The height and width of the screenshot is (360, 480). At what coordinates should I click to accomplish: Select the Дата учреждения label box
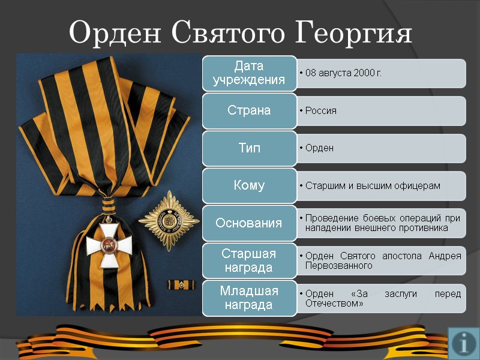click(250, 73)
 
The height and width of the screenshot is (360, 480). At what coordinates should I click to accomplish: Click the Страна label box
click(250, 110)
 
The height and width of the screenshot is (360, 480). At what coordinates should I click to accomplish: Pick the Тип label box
click(250, 148)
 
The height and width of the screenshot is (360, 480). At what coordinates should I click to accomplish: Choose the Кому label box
click(250, 185)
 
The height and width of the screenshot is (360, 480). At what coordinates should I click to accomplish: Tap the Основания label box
click(250, 223)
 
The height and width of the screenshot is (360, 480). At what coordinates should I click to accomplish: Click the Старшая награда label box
click(250, 260)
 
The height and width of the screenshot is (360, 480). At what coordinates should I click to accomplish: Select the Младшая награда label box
click(250, 298)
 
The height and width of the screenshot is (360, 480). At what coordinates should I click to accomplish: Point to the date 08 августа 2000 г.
click(343, 73)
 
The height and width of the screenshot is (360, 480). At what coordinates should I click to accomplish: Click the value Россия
click(321, 111)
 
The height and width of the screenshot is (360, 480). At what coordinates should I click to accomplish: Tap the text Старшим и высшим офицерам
click(373, 186)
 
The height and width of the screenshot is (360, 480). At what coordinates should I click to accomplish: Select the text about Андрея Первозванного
click(383, 261)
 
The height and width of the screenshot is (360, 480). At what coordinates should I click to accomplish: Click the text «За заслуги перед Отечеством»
click(383, 298)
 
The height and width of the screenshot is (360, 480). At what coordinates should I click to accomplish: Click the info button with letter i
click(464, 343)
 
